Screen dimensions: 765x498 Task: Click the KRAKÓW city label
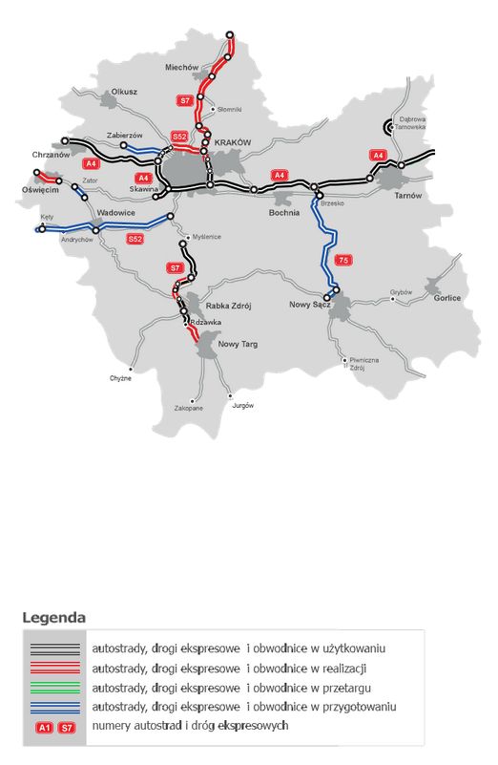click(x=233, y=142)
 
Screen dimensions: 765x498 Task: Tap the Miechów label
click(x=180, y=68)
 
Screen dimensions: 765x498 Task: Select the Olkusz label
click(x=125, y=92)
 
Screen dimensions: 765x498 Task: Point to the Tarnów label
click(x=407, y=195)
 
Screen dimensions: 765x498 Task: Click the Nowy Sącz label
click(x=309, y=305)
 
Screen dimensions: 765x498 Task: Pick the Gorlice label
click(x=446, y=298)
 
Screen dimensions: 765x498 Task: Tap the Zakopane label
click(x=189, y=408)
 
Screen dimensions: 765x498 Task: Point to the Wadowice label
click(x=117, y=213)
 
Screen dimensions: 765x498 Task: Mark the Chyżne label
click(x=120, y=378)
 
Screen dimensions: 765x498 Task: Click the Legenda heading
click(x=53, y=617)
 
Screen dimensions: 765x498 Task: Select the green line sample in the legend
click(x=55, y=687)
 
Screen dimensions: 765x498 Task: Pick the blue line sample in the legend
click(x=55, y=707)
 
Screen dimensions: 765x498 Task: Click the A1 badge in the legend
click(x=44, y=728)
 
